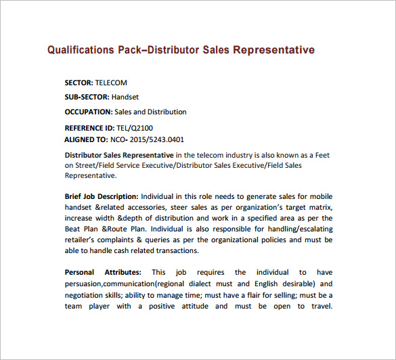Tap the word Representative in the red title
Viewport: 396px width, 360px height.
[x=274, y=50]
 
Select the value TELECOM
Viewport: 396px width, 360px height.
[x=111, y=83]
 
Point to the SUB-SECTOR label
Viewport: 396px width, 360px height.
[x=87, y=97]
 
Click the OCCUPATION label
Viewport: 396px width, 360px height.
[x=88, y=112]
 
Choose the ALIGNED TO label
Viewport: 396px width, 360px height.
[x=85, y=139]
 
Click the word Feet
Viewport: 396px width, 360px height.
[x=324, y=155]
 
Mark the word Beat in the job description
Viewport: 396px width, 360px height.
[x=74, y=229]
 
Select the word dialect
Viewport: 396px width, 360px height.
[x=204, y=284]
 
